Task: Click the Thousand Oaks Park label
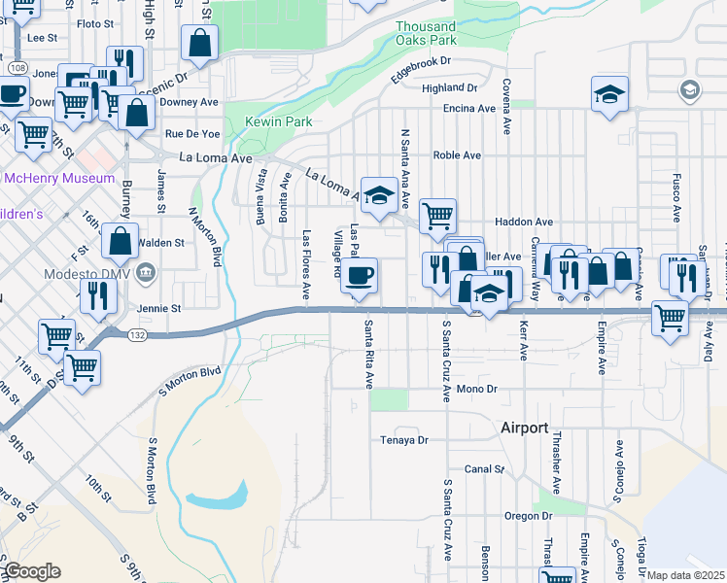point(426,34)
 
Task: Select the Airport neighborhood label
point(525,428)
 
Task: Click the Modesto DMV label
point(87,273)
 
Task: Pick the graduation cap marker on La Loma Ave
point(379,192)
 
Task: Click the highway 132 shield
point(113,332)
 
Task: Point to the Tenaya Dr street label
point(404,440)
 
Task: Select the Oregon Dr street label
point(529,516)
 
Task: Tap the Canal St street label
point(484,468)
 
